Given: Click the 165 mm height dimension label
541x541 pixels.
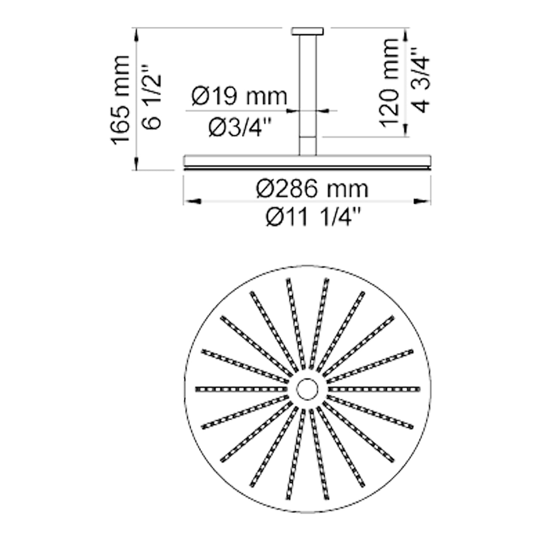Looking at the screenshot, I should [x=120, y=100].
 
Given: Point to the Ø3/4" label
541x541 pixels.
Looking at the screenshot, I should [x=240, y=128].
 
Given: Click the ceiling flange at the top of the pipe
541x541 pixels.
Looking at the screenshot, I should [x=308, y=31].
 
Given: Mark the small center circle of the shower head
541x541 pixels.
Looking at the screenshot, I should [x=307, y=389].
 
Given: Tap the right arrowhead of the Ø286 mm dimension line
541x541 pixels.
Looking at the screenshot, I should [x=422, y=202].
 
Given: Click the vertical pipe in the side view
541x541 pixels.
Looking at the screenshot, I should [x=308, y=91].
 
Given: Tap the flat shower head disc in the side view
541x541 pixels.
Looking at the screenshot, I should [x=307, y=161].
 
